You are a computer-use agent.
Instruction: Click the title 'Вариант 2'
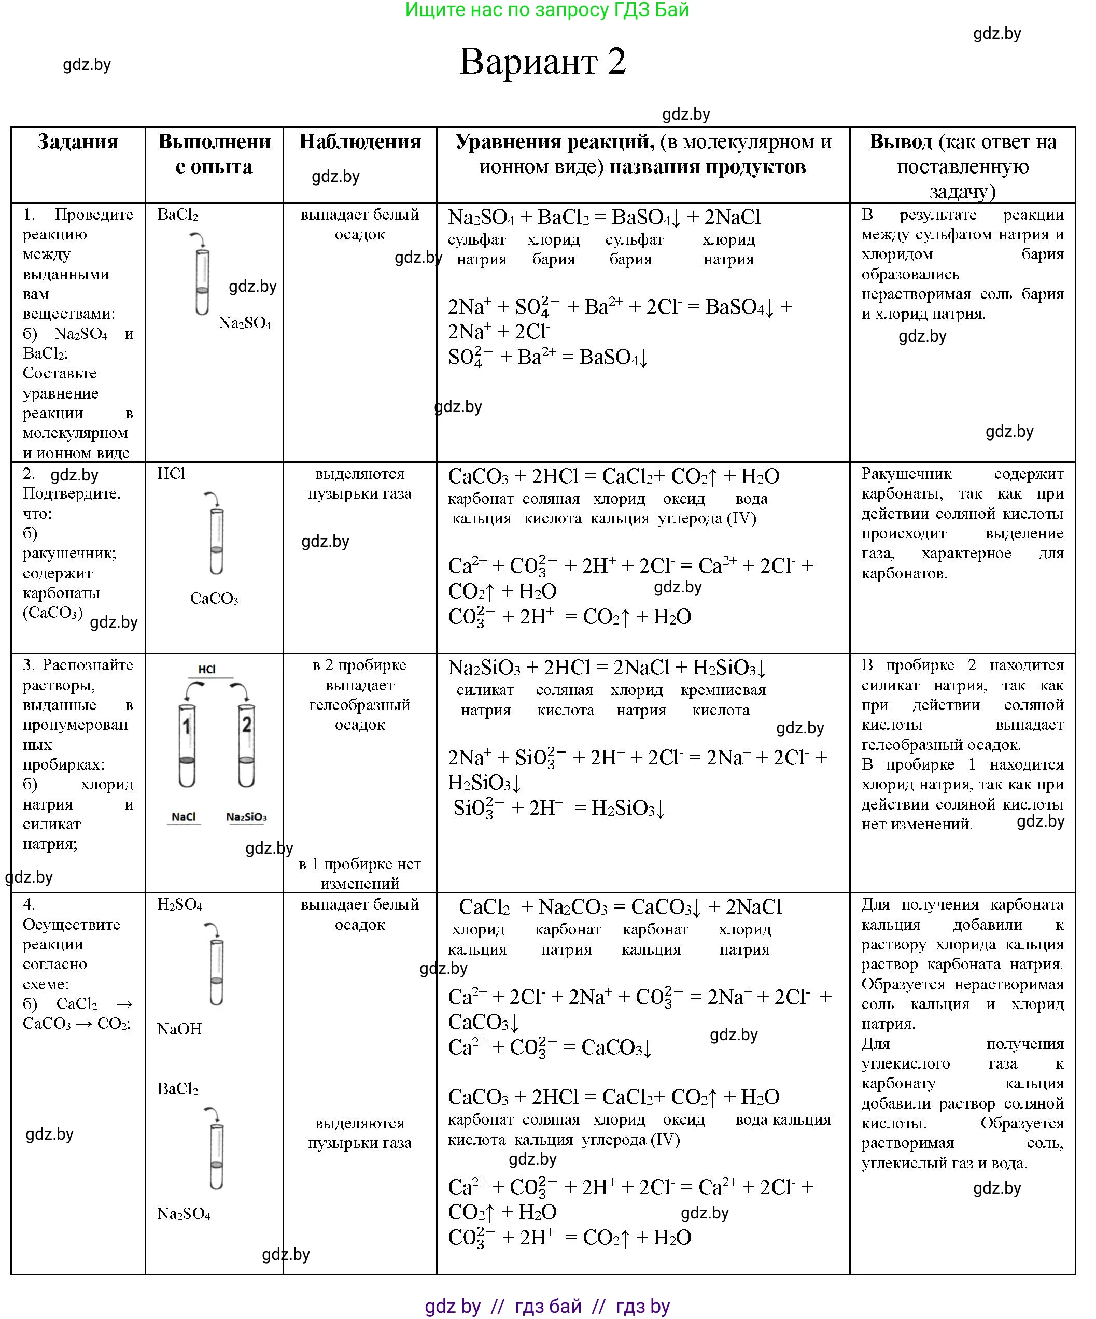tap(542, 62)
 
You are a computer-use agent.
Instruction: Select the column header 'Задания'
tap(78, 142)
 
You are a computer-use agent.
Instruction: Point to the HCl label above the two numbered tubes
tap(207, 670)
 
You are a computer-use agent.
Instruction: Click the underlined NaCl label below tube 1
tap(184, 817)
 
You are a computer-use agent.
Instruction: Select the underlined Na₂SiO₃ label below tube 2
tap(246, 817)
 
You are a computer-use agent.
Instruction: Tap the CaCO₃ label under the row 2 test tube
tap(214, 599)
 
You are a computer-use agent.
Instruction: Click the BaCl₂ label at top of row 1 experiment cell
tap(178, 215)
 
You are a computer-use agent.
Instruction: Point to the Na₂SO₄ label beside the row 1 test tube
tap(245, 323)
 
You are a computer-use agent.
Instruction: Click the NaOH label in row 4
tap(180, 1029)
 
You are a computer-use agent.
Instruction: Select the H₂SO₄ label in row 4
tap(180, 904)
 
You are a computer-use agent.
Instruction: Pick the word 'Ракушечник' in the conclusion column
tap(906, 474)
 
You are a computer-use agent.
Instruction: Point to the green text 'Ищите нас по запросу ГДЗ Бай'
tap(547, 10)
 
